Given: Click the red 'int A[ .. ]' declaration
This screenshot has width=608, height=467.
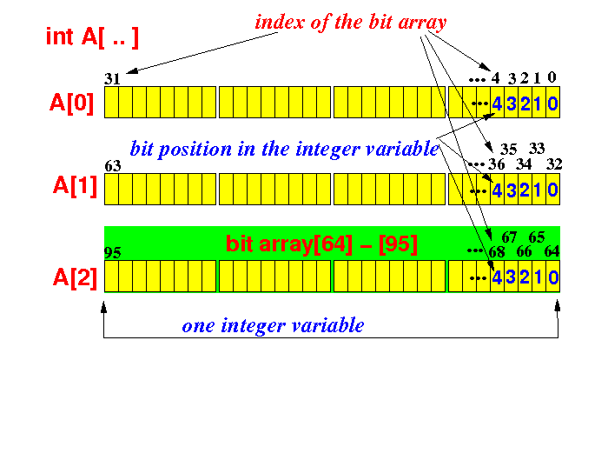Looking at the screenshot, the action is coord(92,37).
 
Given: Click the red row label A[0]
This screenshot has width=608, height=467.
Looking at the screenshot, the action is coord(72,103).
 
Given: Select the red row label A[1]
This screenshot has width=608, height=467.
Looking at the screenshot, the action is coord(76,186).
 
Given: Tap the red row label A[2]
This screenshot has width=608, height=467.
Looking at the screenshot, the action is coord(76,278).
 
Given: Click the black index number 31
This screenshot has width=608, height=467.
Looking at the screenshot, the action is coord(112,79).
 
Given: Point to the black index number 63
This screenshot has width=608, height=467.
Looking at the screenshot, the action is coord(112,166).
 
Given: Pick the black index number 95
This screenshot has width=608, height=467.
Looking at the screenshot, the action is coord(112,253).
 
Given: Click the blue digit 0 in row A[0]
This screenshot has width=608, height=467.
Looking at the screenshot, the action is coord(552,103).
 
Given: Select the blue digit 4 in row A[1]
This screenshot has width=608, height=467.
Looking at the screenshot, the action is coord(497,190).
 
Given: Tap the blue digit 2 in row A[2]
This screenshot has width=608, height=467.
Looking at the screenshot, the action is coord(525,277).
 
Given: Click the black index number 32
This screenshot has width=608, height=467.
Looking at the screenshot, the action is coord(554,164).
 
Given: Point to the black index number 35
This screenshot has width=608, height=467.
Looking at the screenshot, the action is coord(508,149).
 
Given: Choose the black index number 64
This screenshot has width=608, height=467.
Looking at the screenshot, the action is coord(552,251).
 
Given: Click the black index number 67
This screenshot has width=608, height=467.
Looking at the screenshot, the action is coord(509,237).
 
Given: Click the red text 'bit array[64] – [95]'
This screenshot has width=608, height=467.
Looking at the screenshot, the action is coord(321,244).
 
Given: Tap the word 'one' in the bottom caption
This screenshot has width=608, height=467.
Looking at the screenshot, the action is coord(198,326).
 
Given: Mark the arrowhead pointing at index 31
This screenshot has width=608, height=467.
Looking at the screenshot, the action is coord(132,70).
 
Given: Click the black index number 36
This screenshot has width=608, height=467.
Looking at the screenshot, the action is coord(496,164).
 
